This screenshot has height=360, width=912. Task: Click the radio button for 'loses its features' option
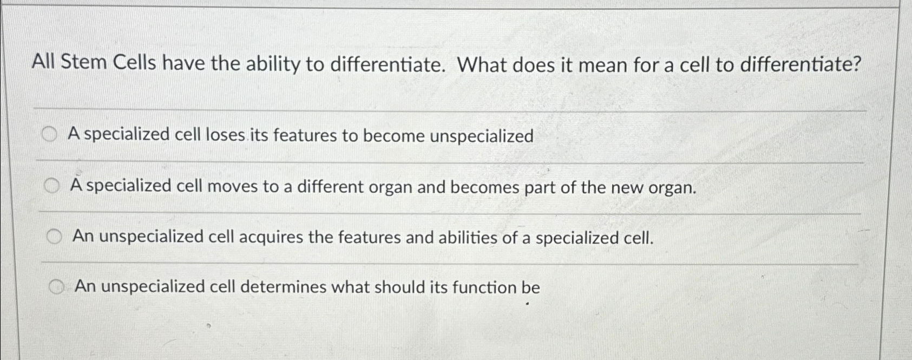tap(49, 135)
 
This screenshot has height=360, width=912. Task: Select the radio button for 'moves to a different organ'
tap(52, 187)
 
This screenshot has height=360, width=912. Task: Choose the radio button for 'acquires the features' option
tap(54, 237)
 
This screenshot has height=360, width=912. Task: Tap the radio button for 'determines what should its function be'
tap(57, 287)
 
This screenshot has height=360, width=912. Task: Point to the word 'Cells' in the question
tap(135, 63)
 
